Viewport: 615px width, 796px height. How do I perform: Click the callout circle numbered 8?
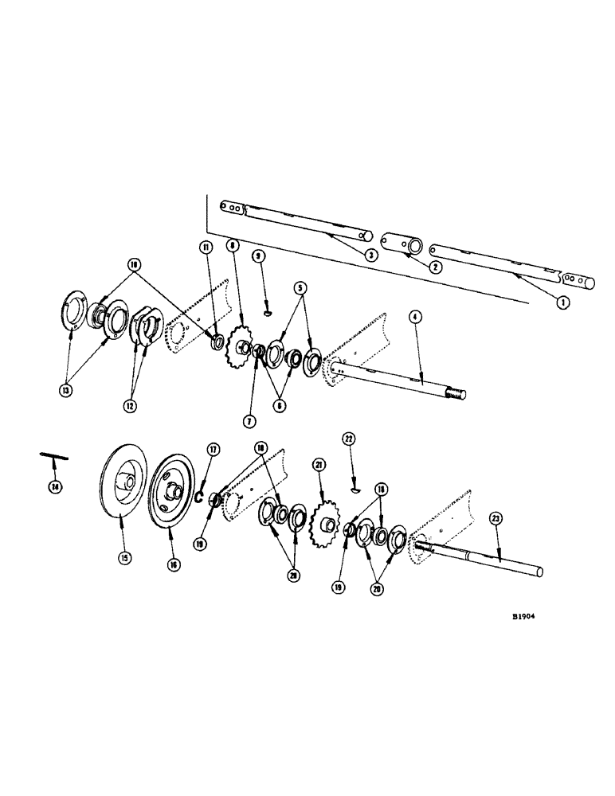[x=232, y=245]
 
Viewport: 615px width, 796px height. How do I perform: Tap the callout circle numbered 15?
[x=124, y=558]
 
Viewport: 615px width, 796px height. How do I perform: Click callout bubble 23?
[x=497, y=518]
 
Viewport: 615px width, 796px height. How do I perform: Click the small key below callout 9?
[x=268, y=311]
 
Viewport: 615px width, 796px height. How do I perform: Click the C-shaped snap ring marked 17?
[x=202, y=497]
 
